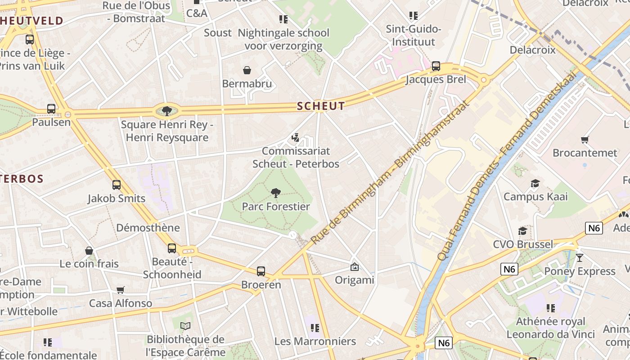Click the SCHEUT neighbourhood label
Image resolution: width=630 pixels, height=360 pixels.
pyautogui.click(x=321, y=106)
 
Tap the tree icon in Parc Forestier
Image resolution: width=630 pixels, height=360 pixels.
pyautogui.click(x=276, y=193)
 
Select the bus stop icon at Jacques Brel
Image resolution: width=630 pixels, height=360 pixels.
pyautogui.click(x=436, y=66)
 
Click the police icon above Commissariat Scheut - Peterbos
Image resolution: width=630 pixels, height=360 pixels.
pyautogui.click(x=296, y=137)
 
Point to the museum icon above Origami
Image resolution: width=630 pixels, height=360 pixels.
pyautogui.click(x=355, y=267)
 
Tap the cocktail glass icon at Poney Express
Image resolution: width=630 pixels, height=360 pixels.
pyautogui.click(x=579, y=258)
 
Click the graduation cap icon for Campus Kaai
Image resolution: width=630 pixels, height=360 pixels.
pyautogui.click(x=535, y=183)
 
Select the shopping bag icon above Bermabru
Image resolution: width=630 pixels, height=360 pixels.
pyautogui.click(x=247, y=70)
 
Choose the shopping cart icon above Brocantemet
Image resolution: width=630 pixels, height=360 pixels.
pyautogui.click(x=585, y=139)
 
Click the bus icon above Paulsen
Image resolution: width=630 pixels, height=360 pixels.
pyautogui.click(x=51, y=108)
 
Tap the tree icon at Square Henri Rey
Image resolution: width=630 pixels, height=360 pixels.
pyautogui.click(x=166, y=111)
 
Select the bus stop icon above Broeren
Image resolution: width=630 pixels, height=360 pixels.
pyautogui.click(x=261, y=271)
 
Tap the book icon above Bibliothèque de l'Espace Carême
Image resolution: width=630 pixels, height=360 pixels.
pyautogui.click(x=185, y=326)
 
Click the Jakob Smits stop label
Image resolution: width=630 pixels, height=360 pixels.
pyautogui.click(x=117, y=198)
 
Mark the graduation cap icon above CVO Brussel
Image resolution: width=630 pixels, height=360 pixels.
pyautogui.click(x=522, y=231)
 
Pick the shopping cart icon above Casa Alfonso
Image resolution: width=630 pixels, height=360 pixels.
pyautogui.click(x=120, y=290)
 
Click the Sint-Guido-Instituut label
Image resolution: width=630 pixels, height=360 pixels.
pyautogui.click(x=414, y=36)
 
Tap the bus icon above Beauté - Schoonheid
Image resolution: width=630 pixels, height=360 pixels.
pyautogui.click(x=172, y=248)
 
